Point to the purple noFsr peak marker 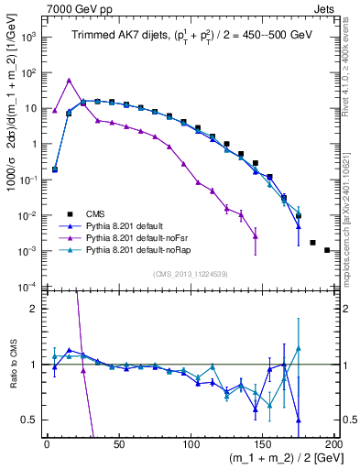pyautogui.click(x=70, y=80)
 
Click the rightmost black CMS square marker pyautogui.click(x=327, y=249)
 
